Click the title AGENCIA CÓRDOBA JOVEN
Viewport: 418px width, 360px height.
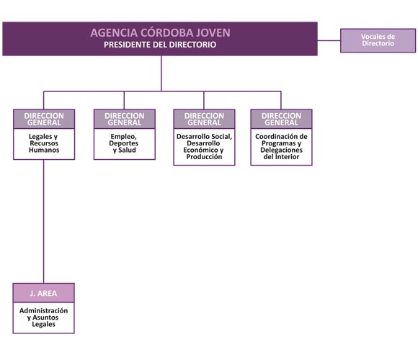click(160, 32)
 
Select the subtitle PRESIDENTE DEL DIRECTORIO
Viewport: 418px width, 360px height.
click(160, 45)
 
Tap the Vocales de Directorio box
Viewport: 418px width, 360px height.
click(378, 40)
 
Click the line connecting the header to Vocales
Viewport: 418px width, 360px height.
click(329, 41)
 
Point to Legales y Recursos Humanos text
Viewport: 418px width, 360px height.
click(44, 143)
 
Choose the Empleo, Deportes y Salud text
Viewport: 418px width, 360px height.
click(124, 143)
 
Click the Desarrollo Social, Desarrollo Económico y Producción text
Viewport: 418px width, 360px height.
click(204, 146)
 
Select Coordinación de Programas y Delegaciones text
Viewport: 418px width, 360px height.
click(281, 146)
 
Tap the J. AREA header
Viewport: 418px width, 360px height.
click(43, 293)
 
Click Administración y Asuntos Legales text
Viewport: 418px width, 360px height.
click(43, 318)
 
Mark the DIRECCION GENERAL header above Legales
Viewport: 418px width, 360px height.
click(44, 119)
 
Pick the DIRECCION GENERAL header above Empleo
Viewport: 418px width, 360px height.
click(125, 119)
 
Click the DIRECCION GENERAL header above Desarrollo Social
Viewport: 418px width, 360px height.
click(204, 119)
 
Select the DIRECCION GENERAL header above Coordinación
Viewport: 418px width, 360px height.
click(281, 119)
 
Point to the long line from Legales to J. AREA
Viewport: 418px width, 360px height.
click(44, 222)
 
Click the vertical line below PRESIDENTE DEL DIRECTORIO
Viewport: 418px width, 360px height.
click(161, 73)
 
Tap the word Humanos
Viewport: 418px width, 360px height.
click(44, 150)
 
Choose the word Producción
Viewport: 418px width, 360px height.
click(204, 157)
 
